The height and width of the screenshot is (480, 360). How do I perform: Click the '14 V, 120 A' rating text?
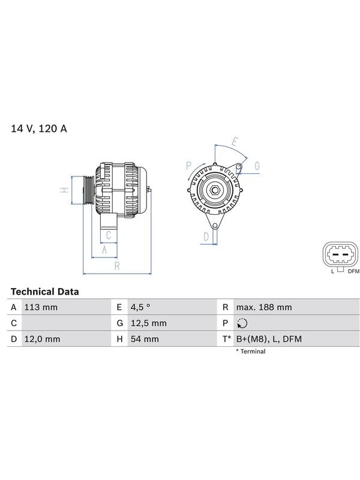click(x=39, y=128)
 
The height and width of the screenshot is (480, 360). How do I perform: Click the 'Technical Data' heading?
click(x=44, y=292)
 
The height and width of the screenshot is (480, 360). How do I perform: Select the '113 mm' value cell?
click(x=41, y=307)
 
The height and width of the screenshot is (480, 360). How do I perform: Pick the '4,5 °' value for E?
click(x=140, y=307)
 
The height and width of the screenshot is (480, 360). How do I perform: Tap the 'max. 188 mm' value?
click(x=264, y=307)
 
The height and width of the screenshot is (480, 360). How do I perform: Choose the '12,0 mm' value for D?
click(x=42, y=339)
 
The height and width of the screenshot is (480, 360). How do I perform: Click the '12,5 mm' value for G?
click(x=148, y=323)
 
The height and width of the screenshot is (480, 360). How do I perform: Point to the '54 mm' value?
click(x=145, y=339)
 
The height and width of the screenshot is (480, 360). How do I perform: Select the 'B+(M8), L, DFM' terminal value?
click(x=269, y=339)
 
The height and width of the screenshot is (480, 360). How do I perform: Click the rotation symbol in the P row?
click(x=242, y=323)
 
